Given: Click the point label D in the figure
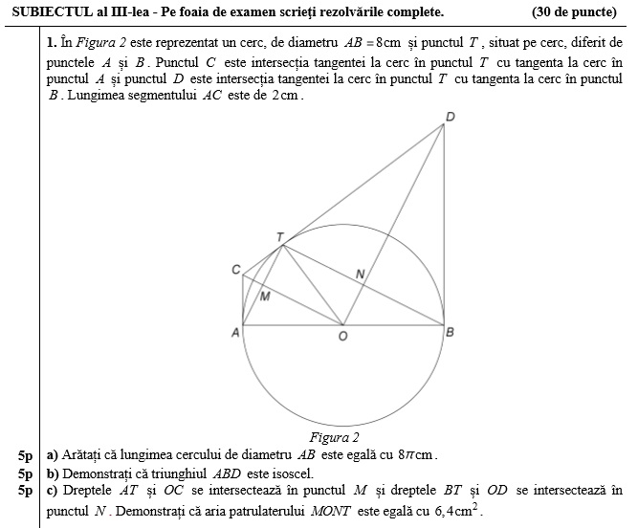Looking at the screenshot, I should [451, 117].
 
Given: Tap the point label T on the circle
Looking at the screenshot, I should [279, 236].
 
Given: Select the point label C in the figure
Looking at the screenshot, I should [235, 271].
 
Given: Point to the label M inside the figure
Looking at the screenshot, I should [265, 296].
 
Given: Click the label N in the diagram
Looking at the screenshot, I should [360, 275].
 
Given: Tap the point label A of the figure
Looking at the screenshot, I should [234, 332].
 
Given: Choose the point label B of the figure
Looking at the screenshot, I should [451, 332].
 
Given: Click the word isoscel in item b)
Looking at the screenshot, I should [290, 473].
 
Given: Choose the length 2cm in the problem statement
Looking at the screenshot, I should [286, 97].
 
